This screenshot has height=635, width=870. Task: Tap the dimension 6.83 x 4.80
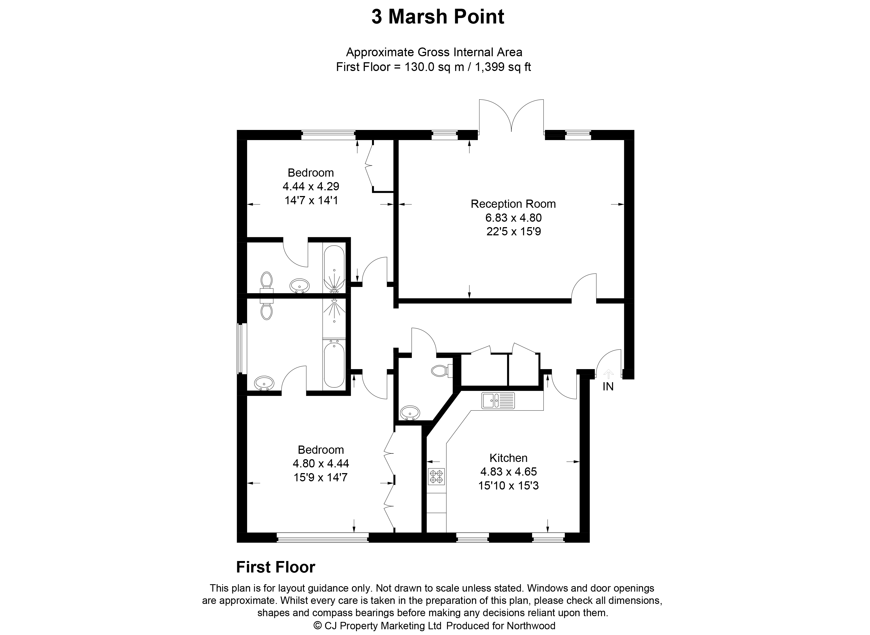point(513,218)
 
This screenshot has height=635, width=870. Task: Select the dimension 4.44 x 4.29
point(311,186)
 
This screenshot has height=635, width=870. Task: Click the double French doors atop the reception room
point(511,117)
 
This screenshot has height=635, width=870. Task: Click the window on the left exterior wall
point(241,349)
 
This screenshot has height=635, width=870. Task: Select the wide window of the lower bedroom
point(323,537)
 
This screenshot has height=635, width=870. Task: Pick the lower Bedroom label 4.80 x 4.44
point(320,464)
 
